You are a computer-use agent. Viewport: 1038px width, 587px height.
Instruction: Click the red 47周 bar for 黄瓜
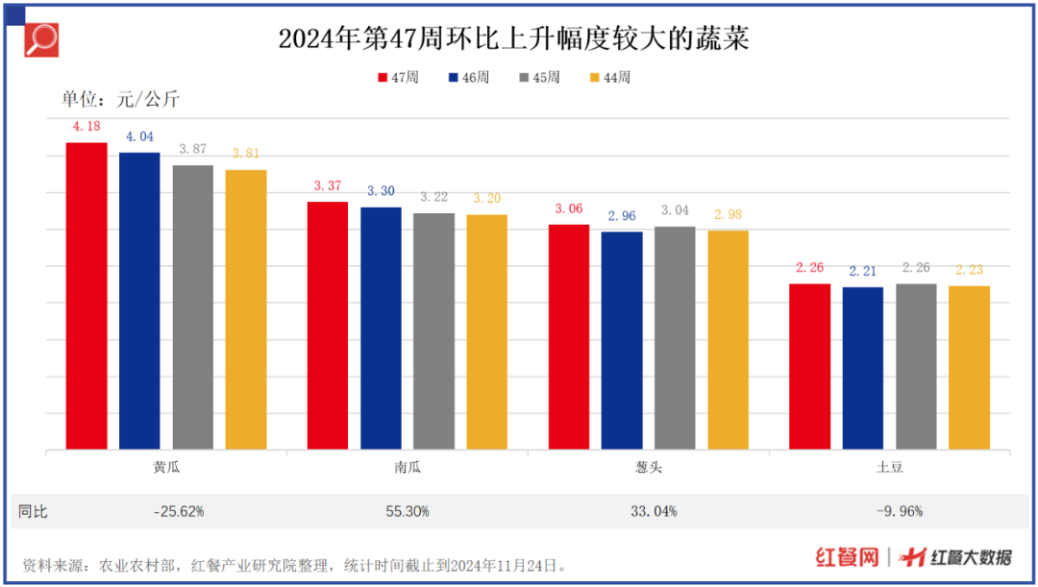click(86, 296)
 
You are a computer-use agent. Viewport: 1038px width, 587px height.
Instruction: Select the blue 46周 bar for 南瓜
click(381, 328)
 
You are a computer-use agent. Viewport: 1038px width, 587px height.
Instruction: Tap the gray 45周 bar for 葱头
click(675, 338)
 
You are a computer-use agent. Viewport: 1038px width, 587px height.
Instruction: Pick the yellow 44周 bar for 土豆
click(969, 367)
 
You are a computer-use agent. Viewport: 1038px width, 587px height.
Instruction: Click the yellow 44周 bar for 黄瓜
click(246, 309)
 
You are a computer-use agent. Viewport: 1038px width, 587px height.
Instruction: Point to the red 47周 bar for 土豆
click(809, 366)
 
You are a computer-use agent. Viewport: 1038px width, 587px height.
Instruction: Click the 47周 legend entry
click(398, 78)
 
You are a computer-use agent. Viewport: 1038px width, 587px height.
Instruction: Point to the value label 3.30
click(381, 192)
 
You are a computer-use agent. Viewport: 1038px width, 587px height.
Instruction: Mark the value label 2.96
click(622, 217)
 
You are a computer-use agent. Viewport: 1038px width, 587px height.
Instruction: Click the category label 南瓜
click(408, 468)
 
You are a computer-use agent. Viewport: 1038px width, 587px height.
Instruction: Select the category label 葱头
click(649, 468)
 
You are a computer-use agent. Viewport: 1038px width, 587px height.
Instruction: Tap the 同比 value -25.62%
click(179, 512)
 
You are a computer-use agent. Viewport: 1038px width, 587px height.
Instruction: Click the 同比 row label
click(33, 512)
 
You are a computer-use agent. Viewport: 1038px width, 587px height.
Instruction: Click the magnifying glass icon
click(41, 39)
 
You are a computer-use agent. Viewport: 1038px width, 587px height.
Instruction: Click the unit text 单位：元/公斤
click(120, 99)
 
